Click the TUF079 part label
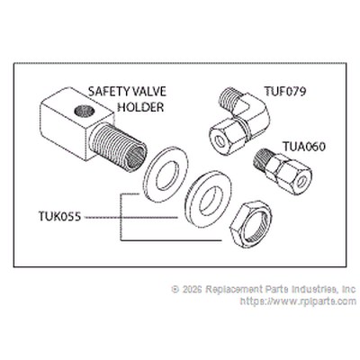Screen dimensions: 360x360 coord(285,91)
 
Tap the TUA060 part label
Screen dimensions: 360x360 coord(304,147)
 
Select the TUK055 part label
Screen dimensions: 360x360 coord(59,216)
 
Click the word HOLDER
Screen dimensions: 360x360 coord(140,107)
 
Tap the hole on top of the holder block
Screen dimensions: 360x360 coord(85,112)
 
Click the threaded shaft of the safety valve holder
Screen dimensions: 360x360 coord(119,147)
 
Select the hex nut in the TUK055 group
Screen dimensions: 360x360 coord(250,223)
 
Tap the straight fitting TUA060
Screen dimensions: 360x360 coord(283,171)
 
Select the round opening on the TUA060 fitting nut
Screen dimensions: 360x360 coord(301,181)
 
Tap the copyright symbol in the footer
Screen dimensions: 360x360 coord(175,289)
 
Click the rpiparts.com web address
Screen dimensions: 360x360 coord(299,301)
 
